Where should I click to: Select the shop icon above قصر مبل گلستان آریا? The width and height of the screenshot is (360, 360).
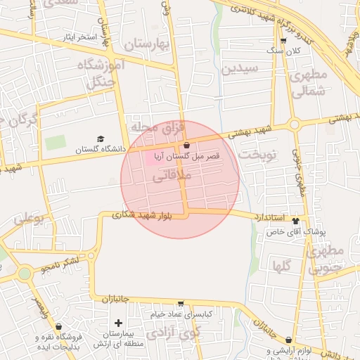[186, 145]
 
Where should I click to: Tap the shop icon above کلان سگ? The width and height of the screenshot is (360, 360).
[283, 41]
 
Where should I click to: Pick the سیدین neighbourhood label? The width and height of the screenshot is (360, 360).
[240, 69]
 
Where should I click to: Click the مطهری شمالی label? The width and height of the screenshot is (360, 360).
[309, 82]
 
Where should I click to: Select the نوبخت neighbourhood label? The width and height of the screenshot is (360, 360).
[257, 153]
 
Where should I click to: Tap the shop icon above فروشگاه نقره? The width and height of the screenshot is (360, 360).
[58, 327]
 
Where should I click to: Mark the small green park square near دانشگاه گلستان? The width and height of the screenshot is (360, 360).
[54, 141]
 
